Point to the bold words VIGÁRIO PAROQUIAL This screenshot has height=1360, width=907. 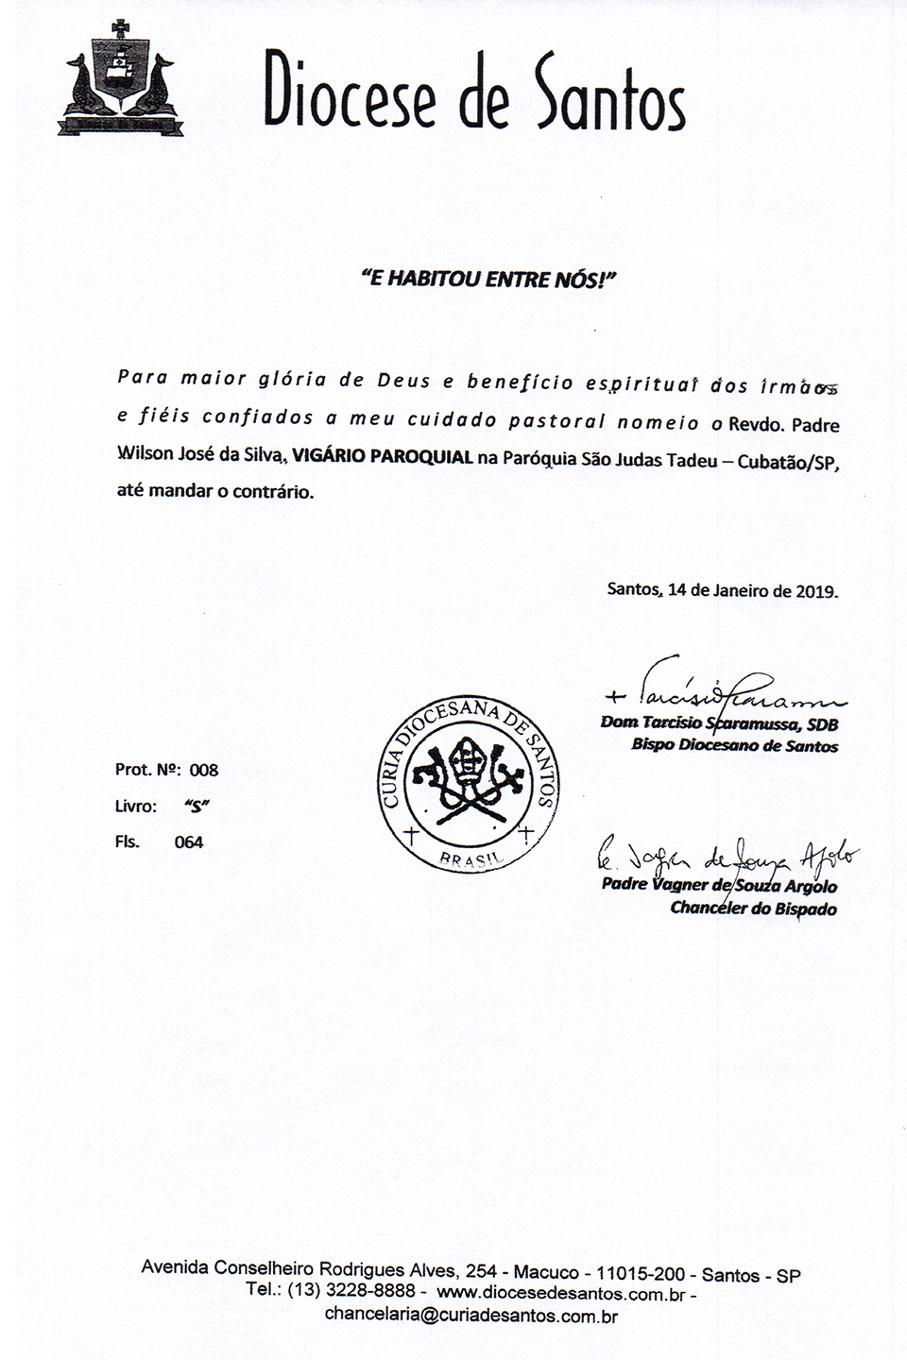point(382,457)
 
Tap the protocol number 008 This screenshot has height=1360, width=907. point(204,770)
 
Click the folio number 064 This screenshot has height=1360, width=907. point(189,842)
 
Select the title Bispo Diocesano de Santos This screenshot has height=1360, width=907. point(735,746)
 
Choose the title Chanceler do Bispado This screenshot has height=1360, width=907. point(753,909)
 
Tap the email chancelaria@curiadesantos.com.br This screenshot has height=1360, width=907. point(471,1315)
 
